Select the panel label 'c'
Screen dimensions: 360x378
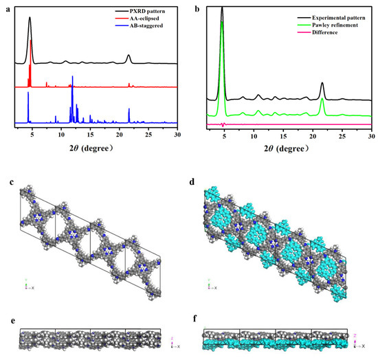point(5,183)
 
